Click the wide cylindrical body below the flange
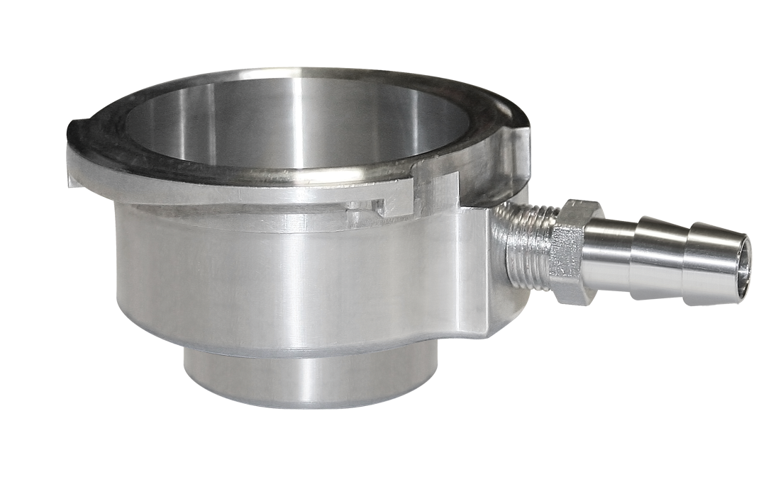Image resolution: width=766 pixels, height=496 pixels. coord(284,283)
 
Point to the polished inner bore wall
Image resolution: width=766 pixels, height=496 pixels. coord(284,120)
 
